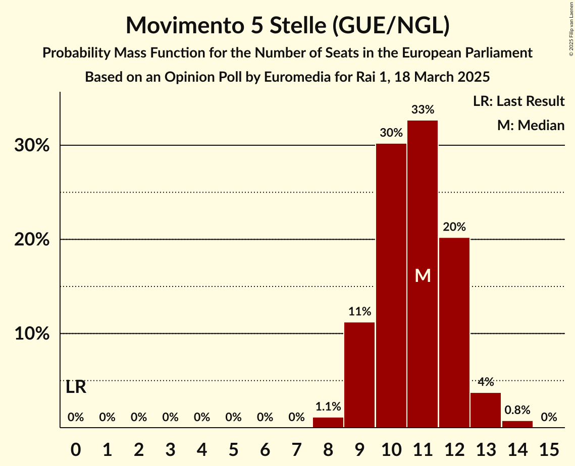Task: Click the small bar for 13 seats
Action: pyautogui.click(x=486, y=410)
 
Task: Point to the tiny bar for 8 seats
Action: pyautogui.click(x=328, y=423)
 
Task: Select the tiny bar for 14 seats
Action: pyautogui.click(x=517, y=424)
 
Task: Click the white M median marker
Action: pyautogui.click(x=423, y=276)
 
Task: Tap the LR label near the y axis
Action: pyautogui.click(x=76, y=387)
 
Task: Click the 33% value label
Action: pyautogui.click(x=423, y=109)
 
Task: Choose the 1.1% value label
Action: pyautogui.click(x=328, y=406)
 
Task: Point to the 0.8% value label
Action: pyautogui.click(x=517, y=410)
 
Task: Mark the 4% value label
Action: pyautogui.click(x=486, y=382)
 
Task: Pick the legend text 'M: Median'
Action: pyautogui.click(x=531, y=125)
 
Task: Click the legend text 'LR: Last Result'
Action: pyautogui.click(x=519, y=101)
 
